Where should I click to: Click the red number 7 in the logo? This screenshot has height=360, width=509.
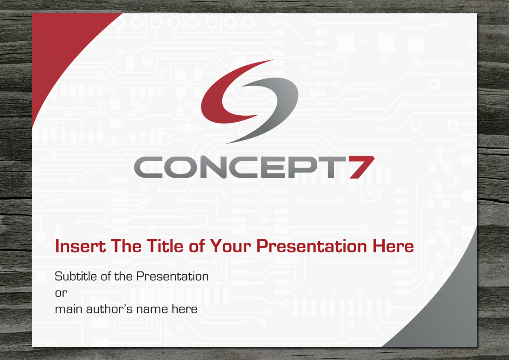click(x=361, y=167)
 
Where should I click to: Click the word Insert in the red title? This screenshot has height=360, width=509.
click(x=81, y=246)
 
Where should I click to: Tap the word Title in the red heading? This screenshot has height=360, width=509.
click(x=165, y=246)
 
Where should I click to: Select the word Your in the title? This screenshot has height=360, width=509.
click(x=230, y=246)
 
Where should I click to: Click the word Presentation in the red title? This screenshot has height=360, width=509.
click(x=311, y=246)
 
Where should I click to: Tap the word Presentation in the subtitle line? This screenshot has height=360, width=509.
click(x=172, y=276)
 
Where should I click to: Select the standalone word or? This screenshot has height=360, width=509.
click(x=61, y=293)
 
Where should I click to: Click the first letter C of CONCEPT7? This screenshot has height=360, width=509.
click(x=148, y=167)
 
